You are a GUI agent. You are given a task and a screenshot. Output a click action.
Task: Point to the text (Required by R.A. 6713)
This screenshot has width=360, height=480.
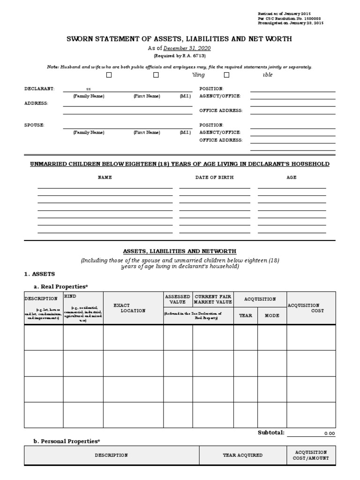pyautogui.click(x=180, y=55)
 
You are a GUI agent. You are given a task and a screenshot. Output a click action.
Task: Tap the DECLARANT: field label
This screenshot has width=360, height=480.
pyautogui.click(x=39, y=89)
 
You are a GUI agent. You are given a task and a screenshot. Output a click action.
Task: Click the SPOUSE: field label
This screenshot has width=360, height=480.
pyautogui.click(x=34, y=125)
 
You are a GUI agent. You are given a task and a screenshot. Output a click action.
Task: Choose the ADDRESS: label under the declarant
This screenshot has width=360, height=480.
pyautogui.click(x=36, y=103)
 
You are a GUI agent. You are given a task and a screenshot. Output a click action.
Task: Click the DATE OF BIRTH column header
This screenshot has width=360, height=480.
pyautogui.click(x=214, y=178)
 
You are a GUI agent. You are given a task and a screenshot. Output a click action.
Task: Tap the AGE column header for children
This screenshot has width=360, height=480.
pyautogui.click(x=292, y=178)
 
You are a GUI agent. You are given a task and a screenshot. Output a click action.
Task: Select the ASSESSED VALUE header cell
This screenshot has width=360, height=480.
pyautogui.click(x=178, y=300)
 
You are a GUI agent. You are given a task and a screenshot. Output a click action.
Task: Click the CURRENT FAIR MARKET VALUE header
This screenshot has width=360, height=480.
pyautogui.click(x=213, y=300)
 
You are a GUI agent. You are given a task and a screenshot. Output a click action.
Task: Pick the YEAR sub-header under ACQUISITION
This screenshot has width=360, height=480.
pyautogui.click(x=246, y=315)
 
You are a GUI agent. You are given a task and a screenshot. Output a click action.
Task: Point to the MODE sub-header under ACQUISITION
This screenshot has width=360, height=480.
pyautogui.click(x=272, y=315)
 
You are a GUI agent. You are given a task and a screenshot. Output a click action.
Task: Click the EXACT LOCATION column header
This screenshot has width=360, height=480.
pyautogui.click(x=133, y=308)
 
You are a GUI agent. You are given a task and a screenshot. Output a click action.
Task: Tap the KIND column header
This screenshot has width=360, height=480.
pyautogui.click(x=71, y=297)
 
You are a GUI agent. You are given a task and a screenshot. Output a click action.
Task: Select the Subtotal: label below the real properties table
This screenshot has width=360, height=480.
pyautogui.click(x=271, y=432)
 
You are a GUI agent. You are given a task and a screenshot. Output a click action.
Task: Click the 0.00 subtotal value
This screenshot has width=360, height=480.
pyautogui.click(x=330, y=434)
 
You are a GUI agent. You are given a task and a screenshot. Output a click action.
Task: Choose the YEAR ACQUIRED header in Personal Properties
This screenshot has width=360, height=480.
pyautogui.click(x=242, y=455)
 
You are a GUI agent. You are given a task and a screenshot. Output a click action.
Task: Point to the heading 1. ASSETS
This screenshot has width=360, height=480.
pyautogui.click(x=39, y=274)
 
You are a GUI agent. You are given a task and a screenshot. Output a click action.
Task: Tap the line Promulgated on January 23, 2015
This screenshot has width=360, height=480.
pyautogui.click(x=290, y=23)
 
